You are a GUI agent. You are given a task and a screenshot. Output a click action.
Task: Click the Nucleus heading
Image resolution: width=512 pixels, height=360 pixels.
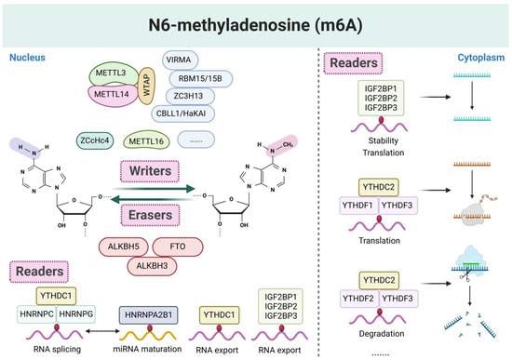28,56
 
